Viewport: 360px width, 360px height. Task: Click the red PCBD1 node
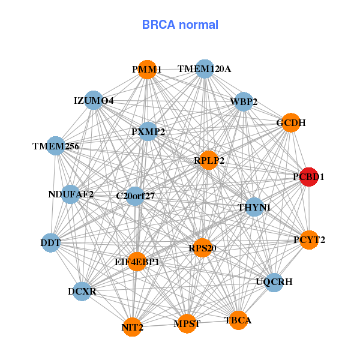click(x=309, y=177)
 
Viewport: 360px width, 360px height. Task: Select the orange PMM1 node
click(x=147, y=70)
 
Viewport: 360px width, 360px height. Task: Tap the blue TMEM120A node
click(x=204, y=69)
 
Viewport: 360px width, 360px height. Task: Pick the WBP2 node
click(x=244, y=101)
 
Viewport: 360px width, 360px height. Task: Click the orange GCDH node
click(x=290, y=122)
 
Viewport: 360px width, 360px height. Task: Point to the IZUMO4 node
click(x=94, y=100)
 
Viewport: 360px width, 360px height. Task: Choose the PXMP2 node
click(x=148, y=131)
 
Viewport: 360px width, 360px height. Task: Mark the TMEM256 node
click(x=56, y=146)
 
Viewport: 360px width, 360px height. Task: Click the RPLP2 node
click(x=209, y=160)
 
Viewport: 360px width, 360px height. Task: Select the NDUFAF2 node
click(x=71, y=194)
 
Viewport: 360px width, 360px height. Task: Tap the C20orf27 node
click(x=136, y=196)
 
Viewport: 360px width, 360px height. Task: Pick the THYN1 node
click(x=254, y=207)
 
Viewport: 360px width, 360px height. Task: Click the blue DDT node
click(x=50, y=242)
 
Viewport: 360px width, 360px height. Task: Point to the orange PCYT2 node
click(x=309, y=240)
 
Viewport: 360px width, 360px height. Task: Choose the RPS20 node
click(x=202, y=248)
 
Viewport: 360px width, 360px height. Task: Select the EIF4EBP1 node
click(x=137, y=262)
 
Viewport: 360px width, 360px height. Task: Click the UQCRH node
click(x=274, y=281)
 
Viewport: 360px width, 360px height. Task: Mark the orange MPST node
click(x=187, y=324)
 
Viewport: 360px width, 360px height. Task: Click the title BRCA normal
click(x=180, y=25)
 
